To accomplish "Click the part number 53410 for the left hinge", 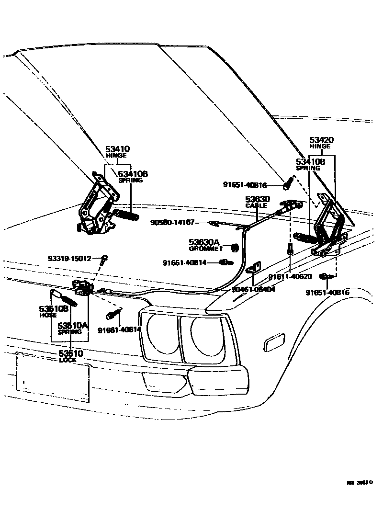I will (117, 149).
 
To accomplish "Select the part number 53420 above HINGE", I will (321, 140).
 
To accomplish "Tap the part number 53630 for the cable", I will (258, 199).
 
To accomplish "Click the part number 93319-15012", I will (69, 258).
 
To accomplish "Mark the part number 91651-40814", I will (184, 262).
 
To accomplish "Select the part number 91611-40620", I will (290, 276).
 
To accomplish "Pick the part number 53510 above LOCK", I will (71, 353).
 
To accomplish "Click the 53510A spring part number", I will (73, 325).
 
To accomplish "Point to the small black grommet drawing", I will (235, 247).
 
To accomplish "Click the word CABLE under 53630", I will (257, 205).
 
